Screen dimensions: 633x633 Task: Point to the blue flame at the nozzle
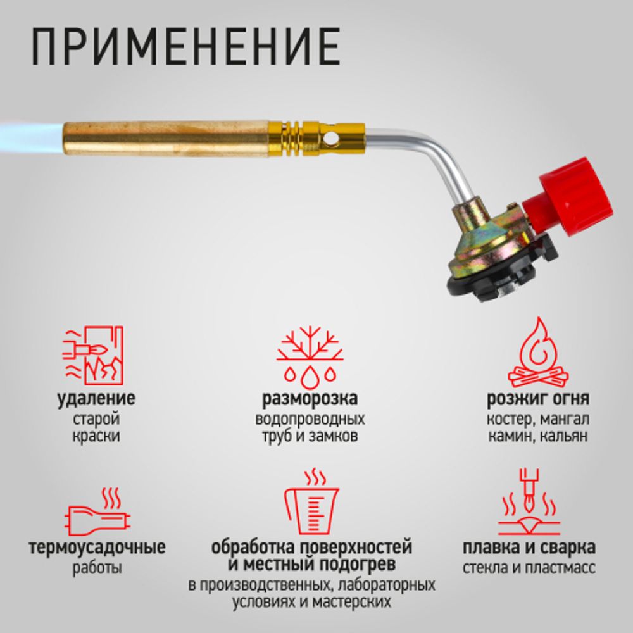pos(28,134)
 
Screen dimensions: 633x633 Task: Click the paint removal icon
pos(93,355)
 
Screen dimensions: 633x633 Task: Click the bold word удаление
pos(96,399)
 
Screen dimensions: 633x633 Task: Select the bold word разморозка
pos(310,399)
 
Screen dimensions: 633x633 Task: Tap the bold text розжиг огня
pos(538,399)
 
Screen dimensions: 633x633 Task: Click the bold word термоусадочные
pos(97,548)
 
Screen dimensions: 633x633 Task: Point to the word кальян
pos(568,436)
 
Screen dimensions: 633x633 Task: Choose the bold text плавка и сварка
pos(529,548)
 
